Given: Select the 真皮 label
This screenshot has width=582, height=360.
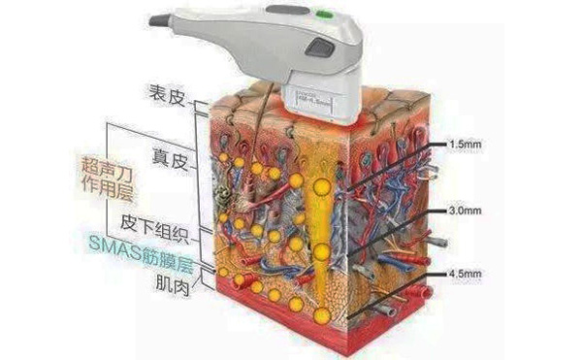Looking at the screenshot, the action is (x=170, y=156).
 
